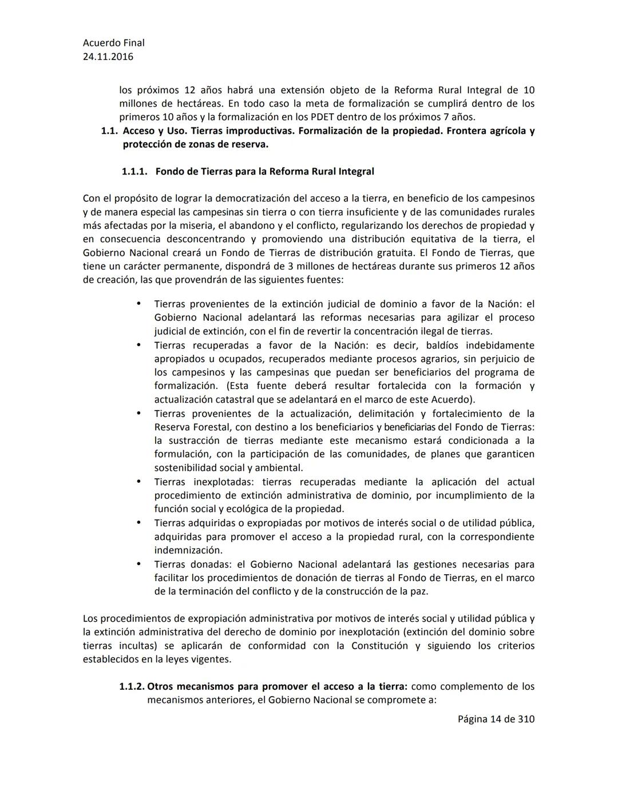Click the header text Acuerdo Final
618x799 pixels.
pyautogui.click(x=113, y=43)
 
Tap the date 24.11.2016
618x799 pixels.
pyautogui.click(x=108, y=57)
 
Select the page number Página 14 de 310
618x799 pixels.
pyautogui.click(x=496, y=719)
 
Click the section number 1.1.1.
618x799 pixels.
pyautogui.click(x=134, y=172)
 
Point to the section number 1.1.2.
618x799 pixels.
pyautogui.click(x=132, y=686)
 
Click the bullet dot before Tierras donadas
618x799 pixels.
pyautogui.click(x=138, y=564)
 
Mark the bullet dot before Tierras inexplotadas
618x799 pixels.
pyautogui.click(x=138, y=482)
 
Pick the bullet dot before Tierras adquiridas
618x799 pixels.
pyautogui.click(x=138, y=523)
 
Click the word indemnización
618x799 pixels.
pyautogui.click(x=188, y=550)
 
